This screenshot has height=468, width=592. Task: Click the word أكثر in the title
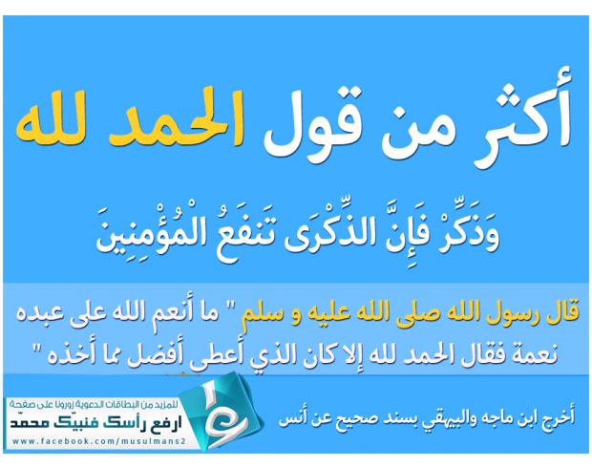click(522, 116)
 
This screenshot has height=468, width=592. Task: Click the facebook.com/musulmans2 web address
click(98, 440)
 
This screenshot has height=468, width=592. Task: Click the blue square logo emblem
click(222, 410)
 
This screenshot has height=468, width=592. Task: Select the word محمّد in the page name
click(30, 423)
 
